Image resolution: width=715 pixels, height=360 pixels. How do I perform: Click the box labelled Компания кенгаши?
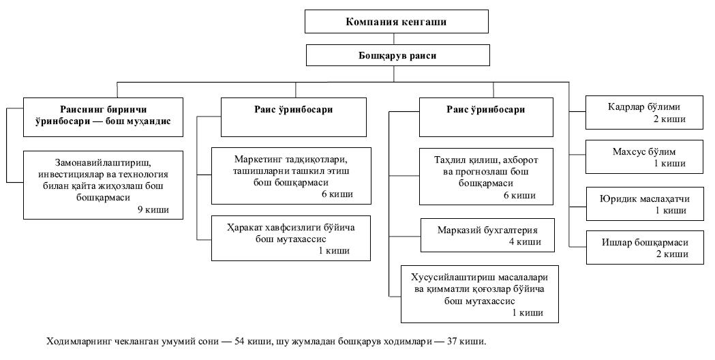(x=396, y=22)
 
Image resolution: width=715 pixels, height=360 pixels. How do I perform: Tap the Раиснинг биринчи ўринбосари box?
(x=103, y=117)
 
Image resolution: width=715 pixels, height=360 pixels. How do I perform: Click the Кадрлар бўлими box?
(x=644, y=112)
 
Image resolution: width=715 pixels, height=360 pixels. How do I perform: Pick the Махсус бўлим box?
(x=644, y=157)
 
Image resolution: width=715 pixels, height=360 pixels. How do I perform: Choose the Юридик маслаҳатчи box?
(x=644, y=204)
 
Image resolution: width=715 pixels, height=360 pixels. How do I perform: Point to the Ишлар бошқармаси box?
(x=644, y=247)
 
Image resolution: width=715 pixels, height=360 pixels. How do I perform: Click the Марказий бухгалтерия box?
(x=487, y=235)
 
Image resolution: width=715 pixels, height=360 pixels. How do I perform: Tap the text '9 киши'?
(x=153, y=210)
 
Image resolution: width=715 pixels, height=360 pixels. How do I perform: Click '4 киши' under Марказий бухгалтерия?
(x=525, y=242)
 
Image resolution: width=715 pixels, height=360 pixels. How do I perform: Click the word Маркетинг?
(x=258, y=160)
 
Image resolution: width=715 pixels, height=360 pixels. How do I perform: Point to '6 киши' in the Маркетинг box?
(x=337, y=194)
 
